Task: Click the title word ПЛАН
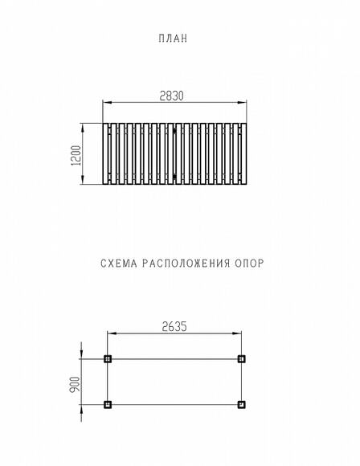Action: [x=173, y=39]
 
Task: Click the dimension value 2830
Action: [x=171, y=96]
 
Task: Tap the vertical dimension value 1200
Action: [x=76, y=155]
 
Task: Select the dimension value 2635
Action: [x=174, y=327]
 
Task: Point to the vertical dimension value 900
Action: [x=75, y=384]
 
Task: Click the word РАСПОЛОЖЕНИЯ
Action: [x=186, y=264]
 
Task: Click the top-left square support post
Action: [x=108, y=359]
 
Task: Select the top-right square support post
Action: [x=242, y=359]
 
